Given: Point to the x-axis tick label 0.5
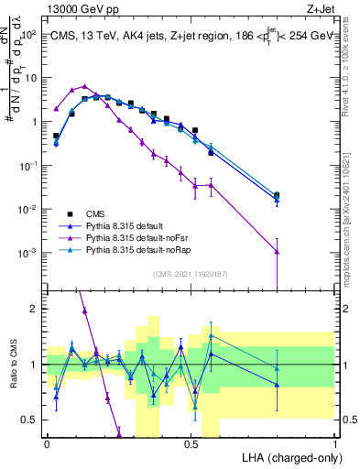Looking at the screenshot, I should (x=191, y=443).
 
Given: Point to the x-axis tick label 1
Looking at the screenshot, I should (x=335, y=443).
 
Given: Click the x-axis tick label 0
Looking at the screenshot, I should (x=47, y=443).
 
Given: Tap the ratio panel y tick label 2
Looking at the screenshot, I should (x=33, y=309).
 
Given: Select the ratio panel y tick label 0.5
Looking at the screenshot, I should (x=29, y=420).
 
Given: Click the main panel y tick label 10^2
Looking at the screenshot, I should (x=28, y=34).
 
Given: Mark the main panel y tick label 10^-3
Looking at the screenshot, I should (x=28, y=253).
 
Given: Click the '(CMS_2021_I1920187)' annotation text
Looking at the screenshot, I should (x=191, y=273).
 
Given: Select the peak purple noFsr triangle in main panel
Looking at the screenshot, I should (x=84, y=86).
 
